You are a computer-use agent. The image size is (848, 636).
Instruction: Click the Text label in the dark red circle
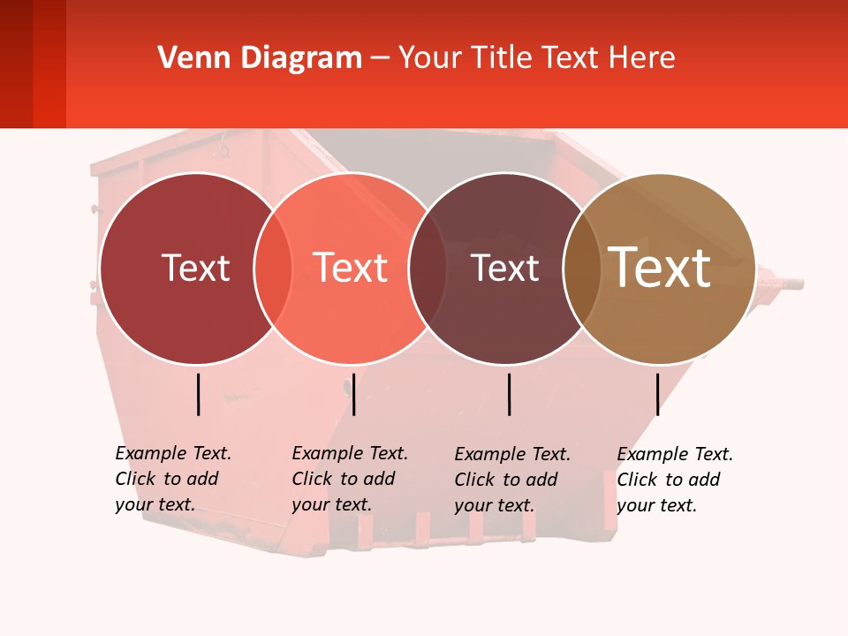195,268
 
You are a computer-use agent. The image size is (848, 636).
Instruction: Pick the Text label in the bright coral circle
351,268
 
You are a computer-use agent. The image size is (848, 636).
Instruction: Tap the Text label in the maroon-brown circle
505,268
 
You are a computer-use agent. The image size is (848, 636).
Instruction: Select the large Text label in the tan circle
660,268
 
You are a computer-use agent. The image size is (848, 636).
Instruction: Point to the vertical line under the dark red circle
199,394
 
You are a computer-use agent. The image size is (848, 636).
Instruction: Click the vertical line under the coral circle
353,394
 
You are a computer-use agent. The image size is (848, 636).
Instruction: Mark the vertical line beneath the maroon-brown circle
510,394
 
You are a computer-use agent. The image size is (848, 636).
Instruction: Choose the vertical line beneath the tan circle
658,394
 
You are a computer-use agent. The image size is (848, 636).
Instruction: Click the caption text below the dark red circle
172,479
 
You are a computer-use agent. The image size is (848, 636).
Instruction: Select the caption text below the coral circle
349,479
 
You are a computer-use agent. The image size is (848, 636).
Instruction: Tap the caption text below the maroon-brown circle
511,480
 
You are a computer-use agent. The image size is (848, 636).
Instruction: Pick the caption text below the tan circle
674,480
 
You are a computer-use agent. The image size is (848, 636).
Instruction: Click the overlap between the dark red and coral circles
273,268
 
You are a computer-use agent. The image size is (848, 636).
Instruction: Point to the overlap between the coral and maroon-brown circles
428,268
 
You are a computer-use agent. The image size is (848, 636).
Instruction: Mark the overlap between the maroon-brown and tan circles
582,268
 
